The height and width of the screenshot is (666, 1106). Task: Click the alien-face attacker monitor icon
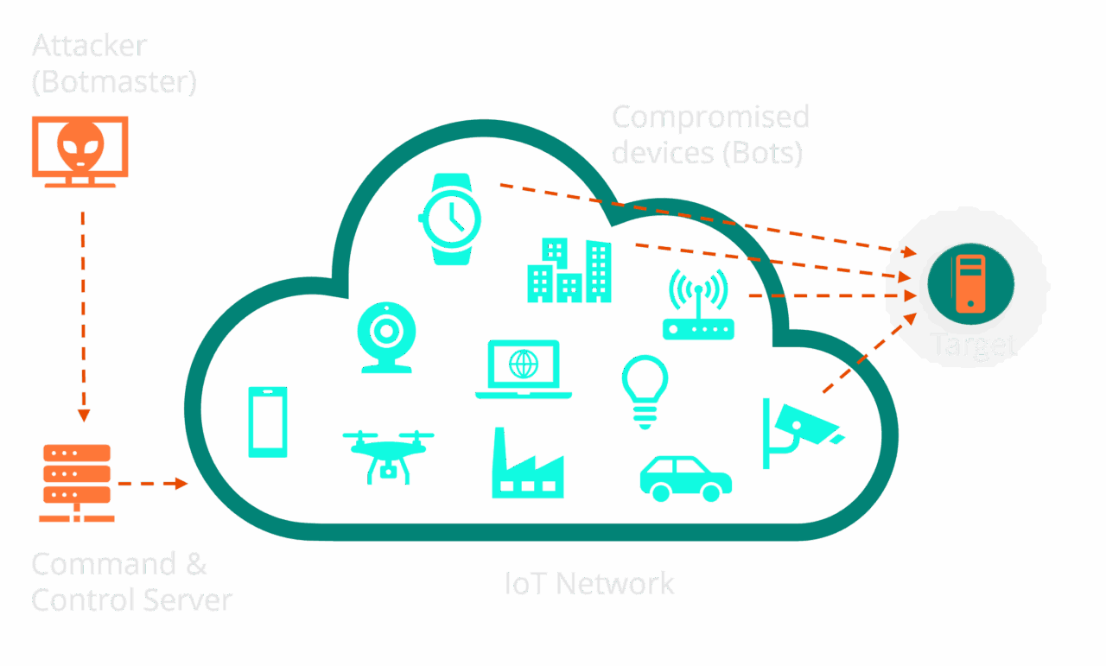79,149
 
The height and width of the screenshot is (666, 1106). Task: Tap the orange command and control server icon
76,483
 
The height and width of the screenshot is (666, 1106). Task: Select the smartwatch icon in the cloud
450,219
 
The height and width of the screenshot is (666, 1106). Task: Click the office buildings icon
569,270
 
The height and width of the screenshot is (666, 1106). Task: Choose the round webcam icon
386,338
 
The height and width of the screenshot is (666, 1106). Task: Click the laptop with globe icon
524,369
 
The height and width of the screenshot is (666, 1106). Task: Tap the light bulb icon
645,391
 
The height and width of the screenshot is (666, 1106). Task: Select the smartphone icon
268,422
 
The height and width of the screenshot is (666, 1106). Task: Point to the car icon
685,479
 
